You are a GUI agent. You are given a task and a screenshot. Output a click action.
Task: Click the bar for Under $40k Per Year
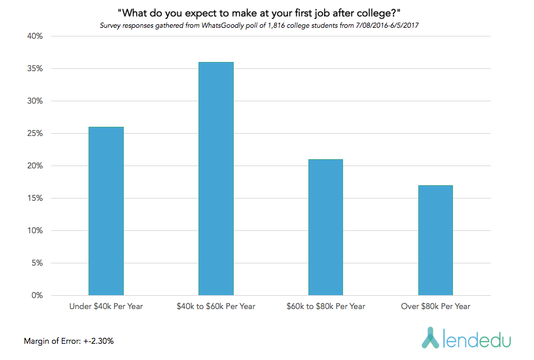[106, 211]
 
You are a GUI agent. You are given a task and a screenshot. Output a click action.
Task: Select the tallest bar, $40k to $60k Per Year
[216, 179]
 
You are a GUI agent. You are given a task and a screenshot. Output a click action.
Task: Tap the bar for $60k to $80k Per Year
[325, 227]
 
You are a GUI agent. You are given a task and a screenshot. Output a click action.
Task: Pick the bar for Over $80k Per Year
[435, 240]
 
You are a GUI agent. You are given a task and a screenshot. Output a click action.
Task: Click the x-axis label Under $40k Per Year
[106, 306]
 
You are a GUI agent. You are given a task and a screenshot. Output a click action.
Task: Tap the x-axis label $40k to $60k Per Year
[216, 306]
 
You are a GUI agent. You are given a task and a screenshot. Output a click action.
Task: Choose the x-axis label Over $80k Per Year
[435, 306]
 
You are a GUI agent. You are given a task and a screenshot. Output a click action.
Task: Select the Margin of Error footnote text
[69, 341]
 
